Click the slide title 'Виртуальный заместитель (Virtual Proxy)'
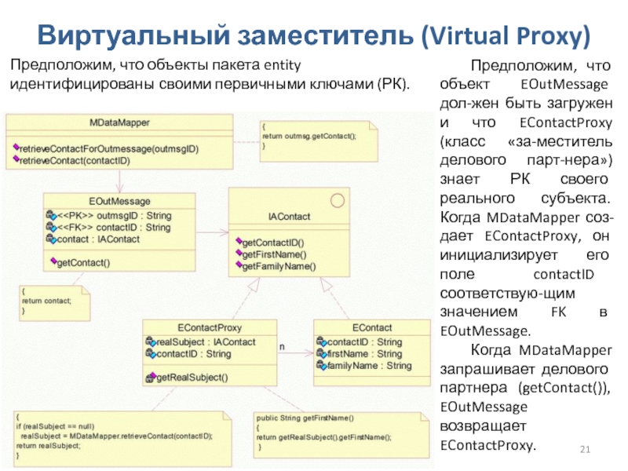(314, 35)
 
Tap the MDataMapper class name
(119, 122)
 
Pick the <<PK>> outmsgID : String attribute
(115, 215)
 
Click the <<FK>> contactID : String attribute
(115, 228)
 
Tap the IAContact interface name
(288, 217)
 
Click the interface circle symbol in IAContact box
(338, 201)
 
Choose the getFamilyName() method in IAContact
(279, 266)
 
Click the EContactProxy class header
(209, 328)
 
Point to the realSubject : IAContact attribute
(206, 342)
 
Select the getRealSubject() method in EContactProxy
(192, 378)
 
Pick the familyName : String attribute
(368, 366)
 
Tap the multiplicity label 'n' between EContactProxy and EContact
(282, 346)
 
